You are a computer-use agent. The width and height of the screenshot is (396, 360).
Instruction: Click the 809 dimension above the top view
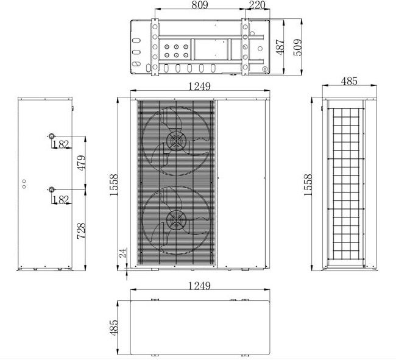click(200, 5)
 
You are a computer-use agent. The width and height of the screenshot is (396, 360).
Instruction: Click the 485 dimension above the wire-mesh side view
click(349, 80)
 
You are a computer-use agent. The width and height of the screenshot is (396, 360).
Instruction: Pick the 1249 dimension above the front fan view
click(199, 87)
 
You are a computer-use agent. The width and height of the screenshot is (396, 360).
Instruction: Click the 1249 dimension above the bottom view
click(199, 285)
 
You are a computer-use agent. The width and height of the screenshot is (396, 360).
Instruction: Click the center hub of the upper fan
click(175, 141)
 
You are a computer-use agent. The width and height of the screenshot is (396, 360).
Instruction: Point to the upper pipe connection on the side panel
click(51, 136)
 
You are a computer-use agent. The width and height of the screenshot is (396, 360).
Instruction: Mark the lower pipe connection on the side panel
click(51, 189)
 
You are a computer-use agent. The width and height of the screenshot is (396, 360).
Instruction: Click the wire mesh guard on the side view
click(347, 183)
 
